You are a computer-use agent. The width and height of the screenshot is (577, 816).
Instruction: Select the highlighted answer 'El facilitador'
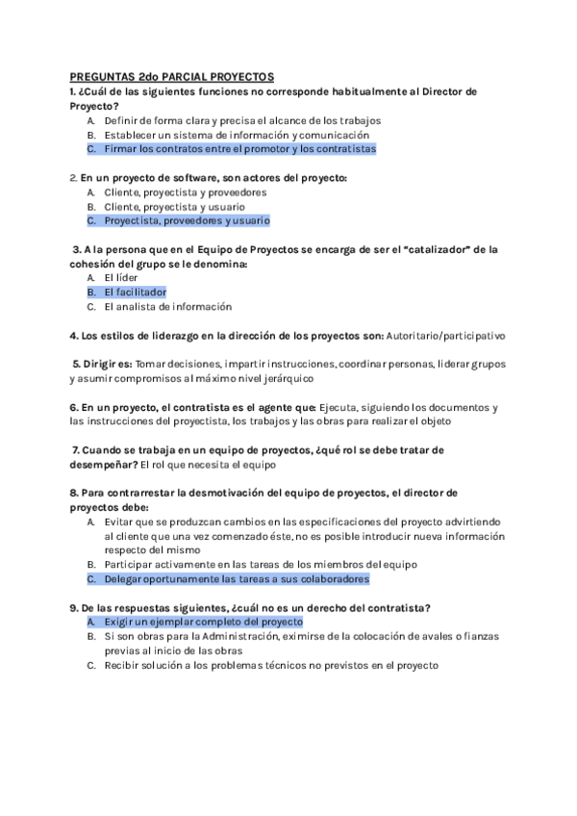(136, 292)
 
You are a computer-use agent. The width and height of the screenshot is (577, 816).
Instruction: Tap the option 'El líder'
(121, 277)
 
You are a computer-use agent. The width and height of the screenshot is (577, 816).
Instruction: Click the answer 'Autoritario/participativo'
(445, 336)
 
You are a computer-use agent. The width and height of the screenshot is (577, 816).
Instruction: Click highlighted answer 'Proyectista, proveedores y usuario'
(188, 220)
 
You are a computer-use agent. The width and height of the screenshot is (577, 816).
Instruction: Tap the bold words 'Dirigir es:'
(104, 365)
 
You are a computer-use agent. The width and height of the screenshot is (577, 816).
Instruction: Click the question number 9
(74, 607)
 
